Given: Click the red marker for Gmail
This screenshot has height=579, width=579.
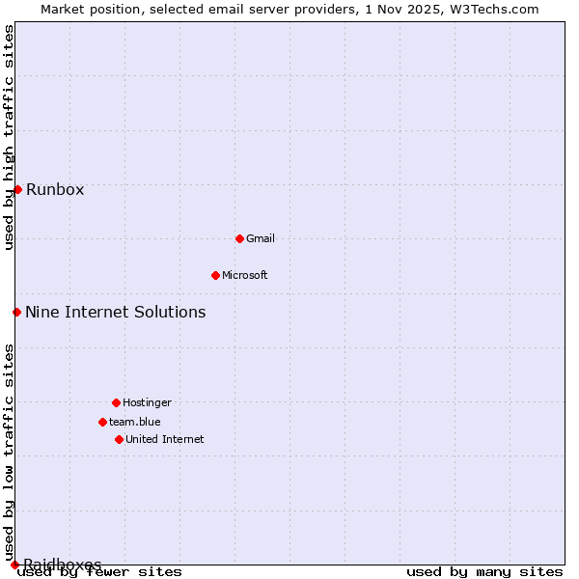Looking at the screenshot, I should point(239,238).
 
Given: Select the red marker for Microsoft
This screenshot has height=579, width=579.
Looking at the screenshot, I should point(215,275).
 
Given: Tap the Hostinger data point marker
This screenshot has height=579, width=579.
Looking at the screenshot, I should point(116,402).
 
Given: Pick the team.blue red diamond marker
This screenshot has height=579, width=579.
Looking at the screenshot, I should point(102,422).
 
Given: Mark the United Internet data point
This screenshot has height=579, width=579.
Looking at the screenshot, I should point(119,439).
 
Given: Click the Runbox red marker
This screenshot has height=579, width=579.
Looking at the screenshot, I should point(17,189).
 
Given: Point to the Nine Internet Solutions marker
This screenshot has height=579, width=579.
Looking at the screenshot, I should point(16,312).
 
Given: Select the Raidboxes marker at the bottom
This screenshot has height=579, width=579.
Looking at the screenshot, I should point(14,565).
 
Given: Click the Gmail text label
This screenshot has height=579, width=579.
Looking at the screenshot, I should point(261,238).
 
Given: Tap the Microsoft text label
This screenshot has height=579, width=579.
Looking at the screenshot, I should point(245,275).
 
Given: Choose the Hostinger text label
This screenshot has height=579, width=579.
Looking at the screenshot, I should point(147,402).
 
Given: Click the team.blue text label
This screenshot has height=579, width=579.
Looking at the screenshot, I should point(135,422).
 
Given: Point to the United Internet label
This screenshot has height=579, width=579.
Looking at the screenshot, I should point(165,439).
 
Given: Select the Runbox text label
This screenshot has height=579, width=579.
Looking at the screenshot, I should point(55,189).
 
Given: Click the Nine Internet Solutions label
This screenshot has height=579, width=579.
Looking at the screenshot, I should point(116,312).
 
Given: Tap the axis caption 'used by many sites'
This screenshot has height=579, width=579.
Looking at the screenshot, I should point(484,572).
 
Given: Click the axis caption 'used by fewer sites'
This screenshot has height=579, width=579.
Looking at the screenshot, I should point(100,572).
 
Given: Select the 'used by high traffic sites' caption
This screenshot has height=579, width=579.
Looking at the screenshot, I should point(9,137).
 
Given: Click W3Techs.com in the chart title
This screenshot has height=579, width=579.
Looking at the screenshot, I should point(498,9).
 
